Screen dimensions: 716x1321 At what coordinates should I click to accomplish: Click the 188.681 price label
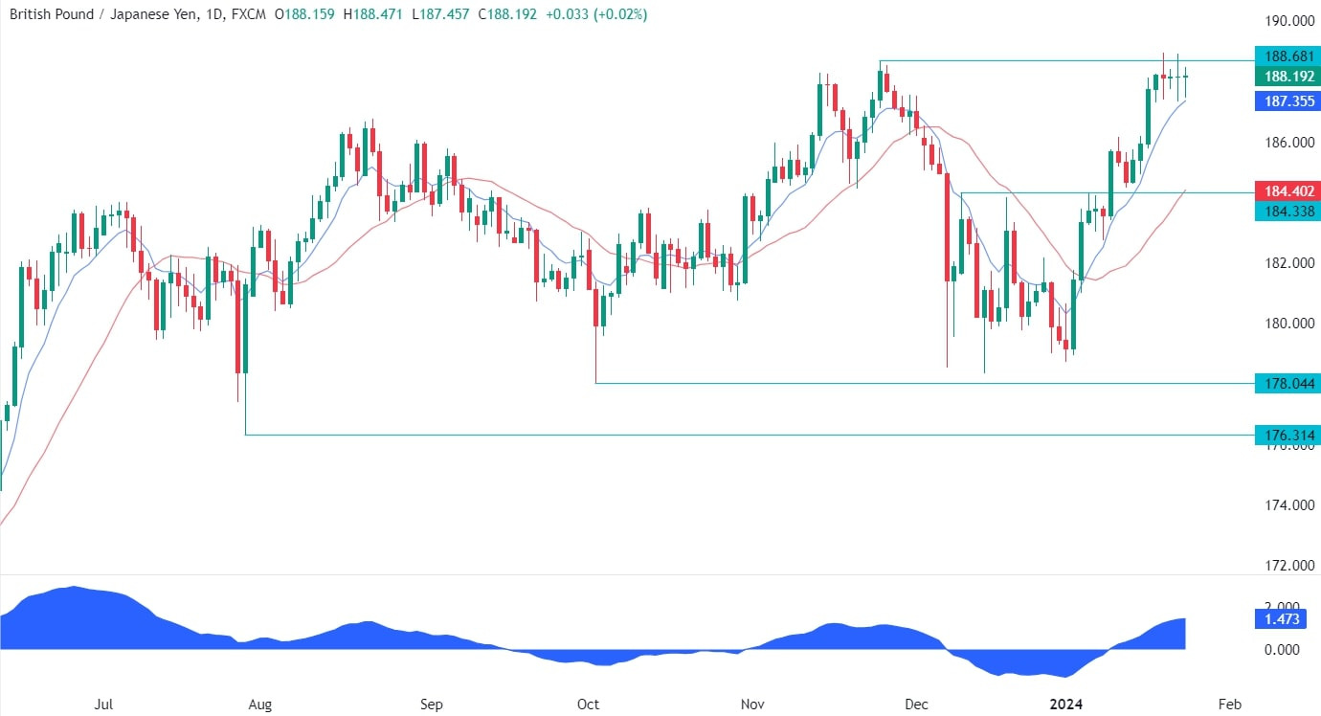pos(1286,55)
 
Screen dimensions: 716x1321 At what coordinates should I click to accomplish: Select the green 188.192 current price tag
pos(1286,76)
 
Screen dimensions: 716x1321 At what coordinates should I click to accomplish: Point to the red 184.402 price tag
pos(1286,191)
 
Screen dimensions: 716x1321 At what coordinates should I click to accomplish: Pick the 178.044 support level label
pos(1286,383)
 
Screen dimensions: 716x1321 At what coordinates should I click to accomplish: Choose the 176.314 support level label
pos(1286,435)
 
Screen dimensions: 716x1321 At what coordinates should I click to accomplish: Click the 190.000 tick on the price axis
pos(1286,21)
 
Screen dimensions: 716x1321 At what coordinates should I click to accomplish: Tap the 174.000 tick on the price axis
pos(1286,504)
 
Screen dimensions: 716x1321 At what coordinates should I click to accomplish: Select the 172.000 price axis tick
pos(1286,565)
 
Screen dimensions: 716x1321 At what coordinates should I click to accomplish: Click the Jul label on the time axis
pos(104,705)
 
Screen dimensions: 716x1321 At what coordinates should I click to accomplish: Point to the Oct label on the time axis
pos(588,705)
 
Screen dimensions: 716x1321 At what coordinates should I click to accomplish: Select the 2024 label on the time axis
pos(1065,705)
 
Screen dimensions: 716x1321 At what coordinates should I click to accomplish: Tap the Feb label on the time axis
pos(1230,705)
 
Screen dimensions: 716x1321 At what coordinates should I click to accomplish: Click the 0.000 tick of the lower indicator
pos(1286,649)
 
